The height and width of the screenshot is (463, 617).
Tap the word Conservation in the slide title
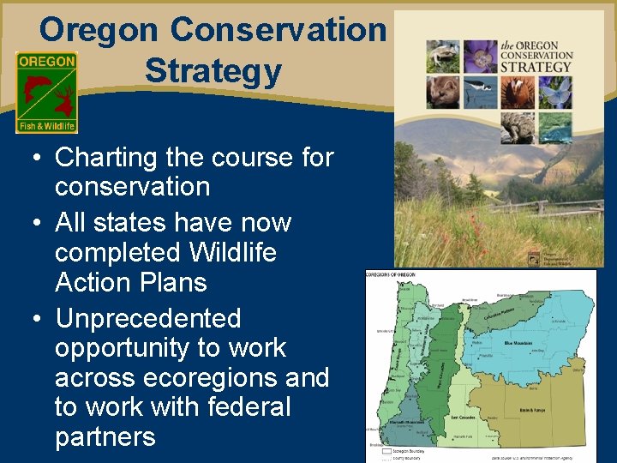click(278, 29)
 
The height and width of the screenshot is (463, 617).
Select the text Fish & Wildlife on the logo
click(46, 126)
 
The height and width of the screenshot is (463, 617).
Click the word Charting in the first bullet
click(106, 157)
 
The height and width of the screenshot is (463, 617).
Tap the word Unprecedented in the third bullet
click(147, 318)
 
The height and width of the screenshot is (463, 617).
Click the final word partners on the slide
click(105, 436)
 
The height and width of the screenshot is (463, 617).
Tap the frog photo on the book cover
click(442, 55)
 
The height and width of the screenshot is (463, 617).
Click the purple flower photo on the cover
click(481, 55)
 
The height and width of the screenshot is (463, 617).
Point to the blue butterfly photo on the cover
click(555, 92)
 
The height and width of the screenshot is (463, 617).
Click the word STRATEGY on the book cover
click(536, 67)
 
